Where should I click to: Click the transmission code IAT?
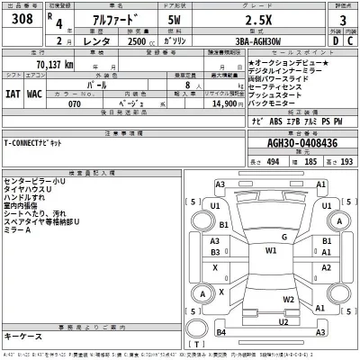tap(13, 92)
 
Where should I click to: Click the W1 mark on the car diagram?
tap(271, 251)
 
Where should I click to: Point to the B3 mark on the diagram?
tap(215, 255)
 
